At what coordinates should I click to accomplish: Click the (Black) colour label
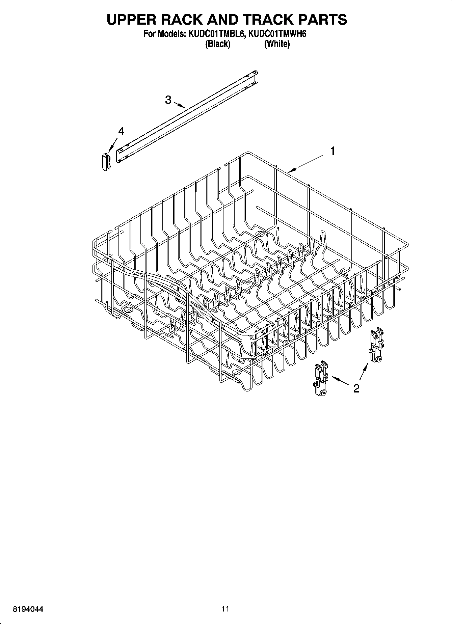click(x=218, y=44)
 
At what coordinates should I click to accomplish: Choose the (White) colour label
click(x=277, y=44)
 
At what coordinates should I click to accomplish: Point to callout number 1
click(x=333, y=151)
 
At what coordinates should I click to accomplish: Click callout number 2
click(x=356, y=388)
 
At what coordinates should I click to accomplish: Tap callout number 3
click(x=168, y=100)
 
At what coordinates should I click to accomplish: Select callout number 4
click(x=121, y=131)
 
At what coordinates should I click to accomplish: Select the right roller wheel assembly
click(x=376, y=346)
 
